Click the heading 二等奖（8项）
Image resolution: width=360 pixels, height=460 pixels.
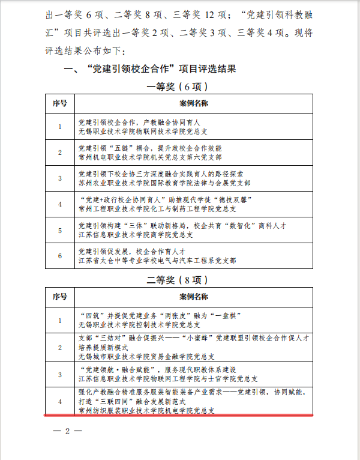point(179,280)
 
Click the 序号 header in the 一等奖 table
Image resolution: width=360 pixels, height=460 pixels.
point(59,103)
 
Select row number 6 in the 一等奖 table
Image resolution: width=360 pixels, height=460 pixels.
point(59,256)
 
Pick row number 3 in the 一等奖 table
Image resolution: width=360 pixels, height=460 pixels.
point(59,178)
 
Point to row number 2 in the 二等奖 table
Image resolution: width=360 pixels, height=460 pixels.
point(59,347)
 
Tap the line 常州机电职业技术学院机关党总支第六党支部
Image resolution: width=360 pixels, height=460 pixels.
point(150,157)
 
